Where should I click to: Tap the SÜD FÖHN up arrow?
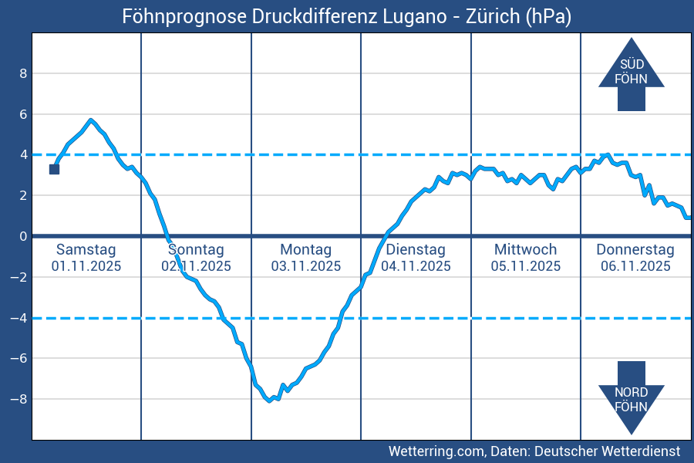(631, 74)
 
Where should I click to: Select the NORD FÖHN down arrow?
(631, 397)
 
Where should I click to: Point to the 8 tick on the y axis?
(23, 73)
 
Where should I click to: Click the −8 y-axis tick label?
(20, 399)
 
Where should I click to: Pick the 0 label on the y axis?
(23, 236)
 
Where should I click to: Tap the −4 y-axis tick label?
(20, 318)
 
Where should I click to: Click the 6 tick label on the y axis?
(23, 114)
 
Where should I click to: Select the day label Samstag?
(86, 249)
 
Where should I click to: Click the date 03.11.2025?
(305, 266)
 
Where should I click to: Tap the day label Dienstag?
(416, 249)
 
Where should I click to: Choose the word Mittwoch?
(525, 249)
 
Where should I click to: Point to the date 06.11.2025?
(635, 266)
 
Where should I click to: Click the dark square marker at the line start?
(54, 169)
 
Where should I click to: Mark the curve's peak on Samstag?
(91, 120)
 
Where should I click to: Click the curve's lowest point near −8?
(269, 400)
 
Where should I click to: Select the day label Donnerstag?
(635, 249)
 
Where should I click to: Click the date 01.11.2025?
(86, 266)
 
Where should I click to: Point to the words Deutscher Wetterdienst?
(607, 451)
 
